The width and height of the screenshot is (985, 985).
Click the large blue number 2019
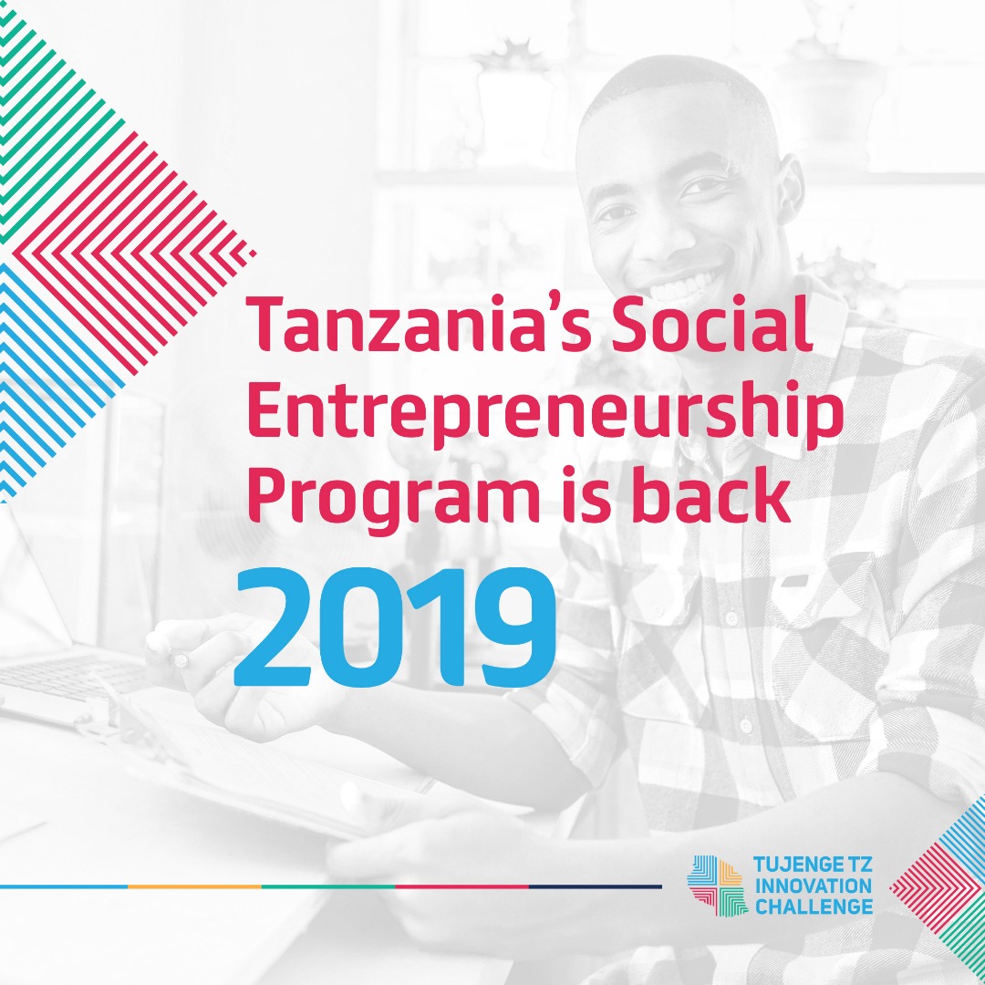point(395,626)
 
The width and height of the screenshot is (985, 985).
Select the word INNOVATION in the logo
point(814,885)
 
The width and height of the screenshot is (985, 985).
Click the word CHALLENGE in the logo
point(814,907)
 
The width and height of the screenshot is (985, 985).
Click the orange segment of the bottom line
point(194,886)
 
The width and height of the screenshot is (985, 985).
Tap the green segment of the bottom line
point(328,886)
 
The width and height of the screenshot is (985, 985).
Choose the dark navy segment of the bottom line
point(596,886)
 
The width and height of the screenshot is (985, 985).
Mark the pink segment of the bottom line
point(461,886)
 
